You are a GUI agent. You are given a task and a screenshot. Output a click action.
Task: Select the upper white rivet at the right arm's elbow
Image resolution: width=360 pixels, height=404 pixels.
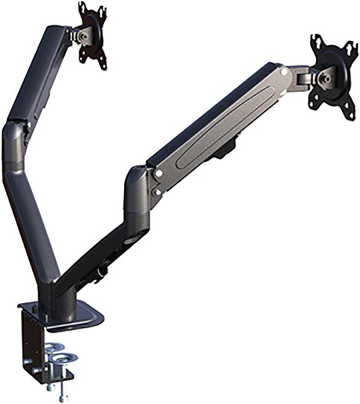(x=159, y=172)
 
